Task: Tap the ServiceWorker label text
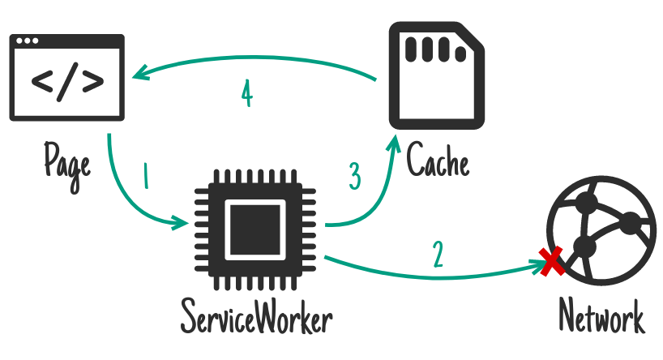257,316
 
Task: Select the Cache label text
438,161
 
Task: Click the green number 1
146,176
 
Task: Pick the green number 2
438,255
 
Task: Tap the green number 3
354,176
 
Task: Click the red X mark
552,262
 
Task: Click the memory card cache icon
438,75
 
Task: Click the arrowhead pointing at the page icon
139,75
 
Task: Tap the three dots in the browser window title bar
26,41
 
